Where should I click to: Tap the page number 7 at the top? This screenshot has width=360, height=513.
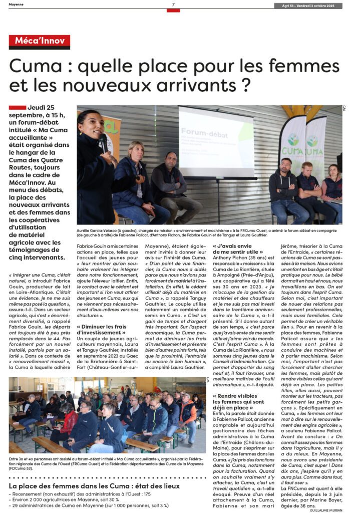[173, 5]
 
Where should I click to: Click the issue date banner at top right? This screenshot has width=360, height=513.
[308, 6]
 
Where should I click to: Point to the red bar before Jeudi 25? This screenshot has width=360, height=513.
[17, 108]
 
